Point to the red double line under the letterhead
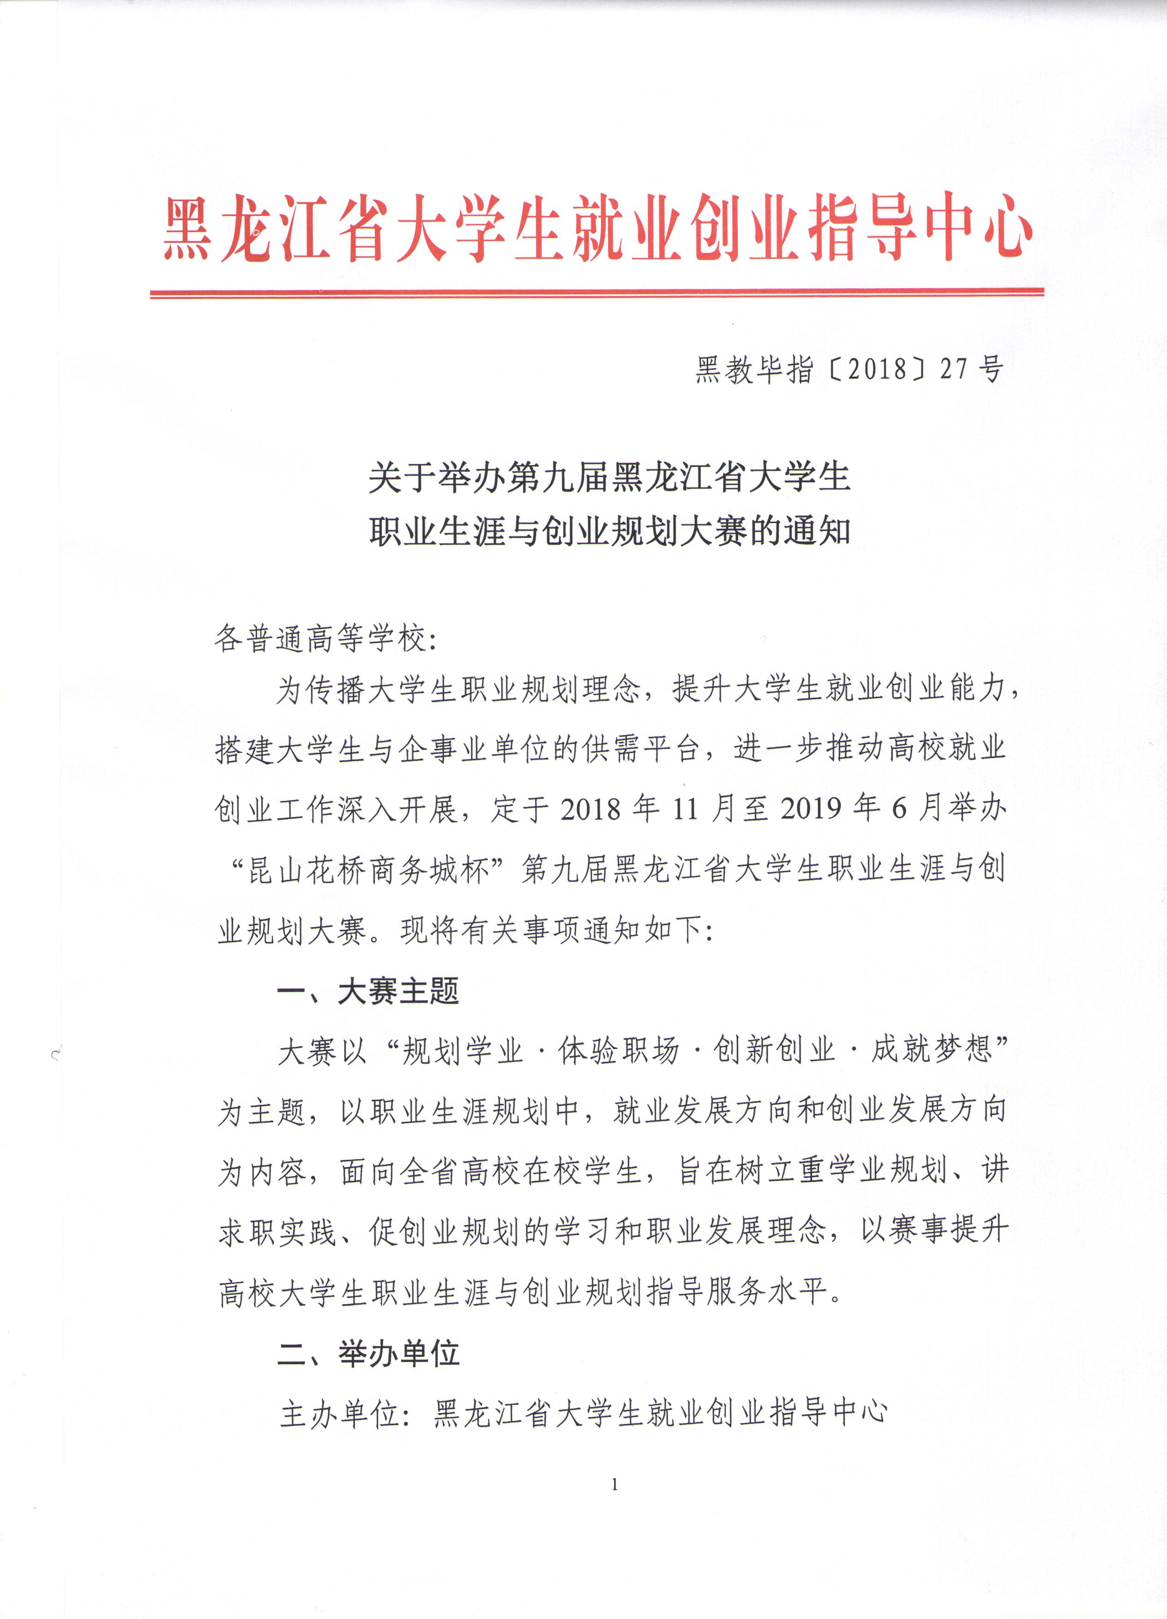point(597,293)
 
